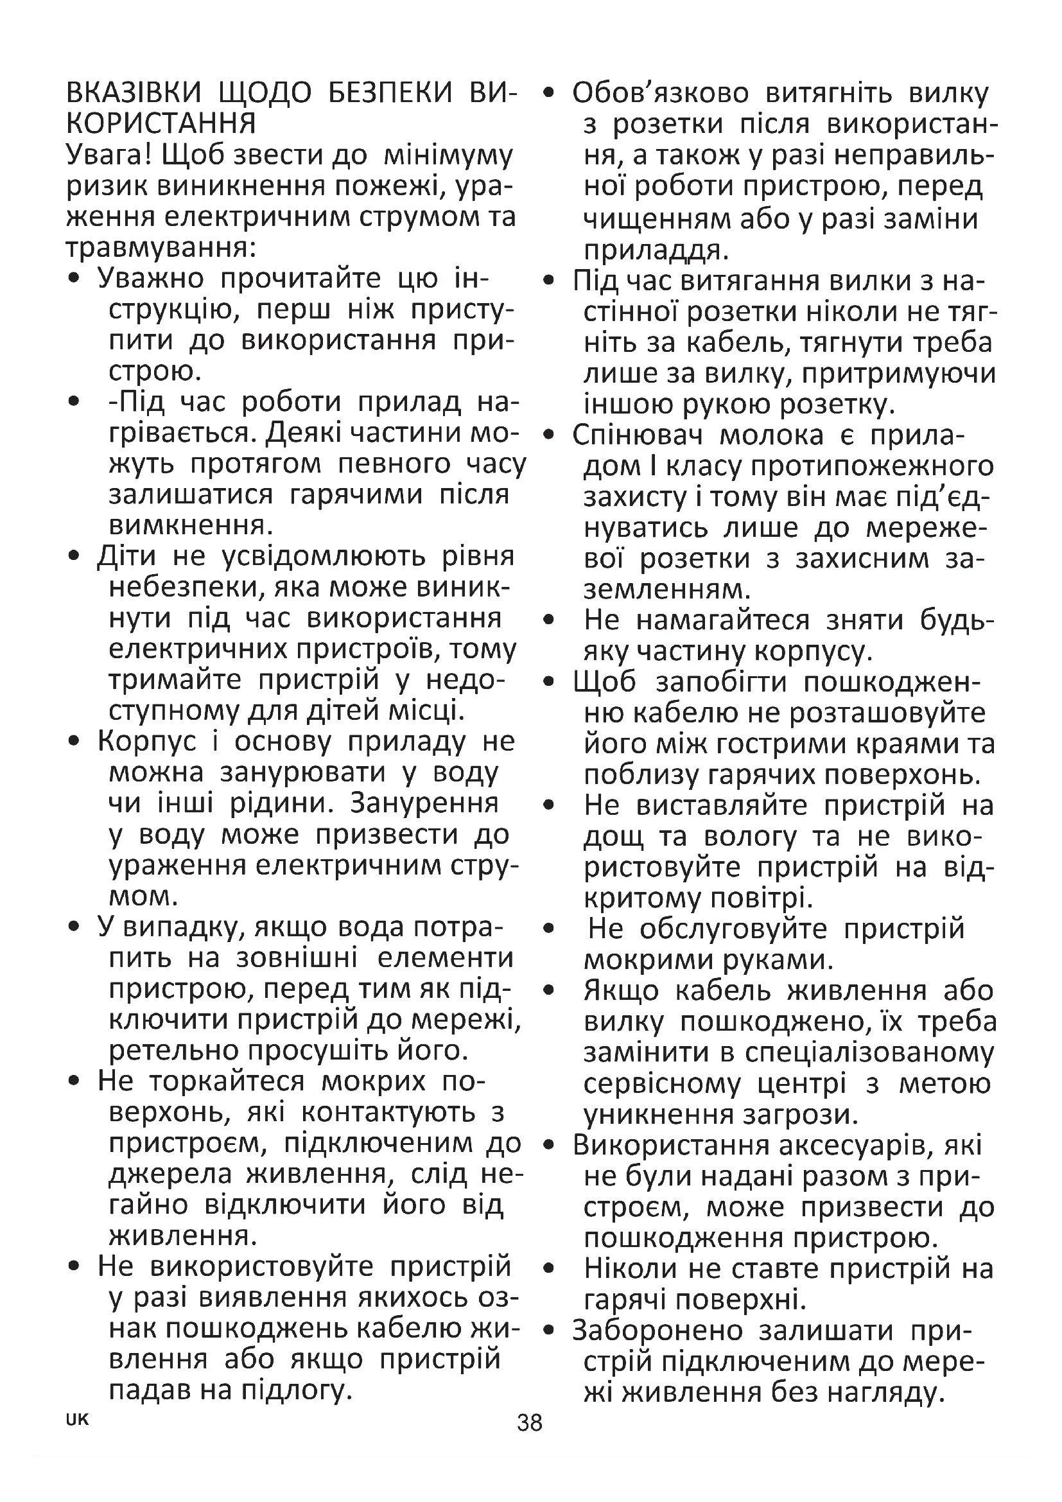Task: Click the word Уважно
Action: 150,279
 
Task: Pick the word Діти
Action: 127,556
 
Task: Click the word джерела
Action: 170,1174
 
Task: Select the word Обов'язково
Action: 660,94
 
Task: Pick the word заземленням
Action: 667,589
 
